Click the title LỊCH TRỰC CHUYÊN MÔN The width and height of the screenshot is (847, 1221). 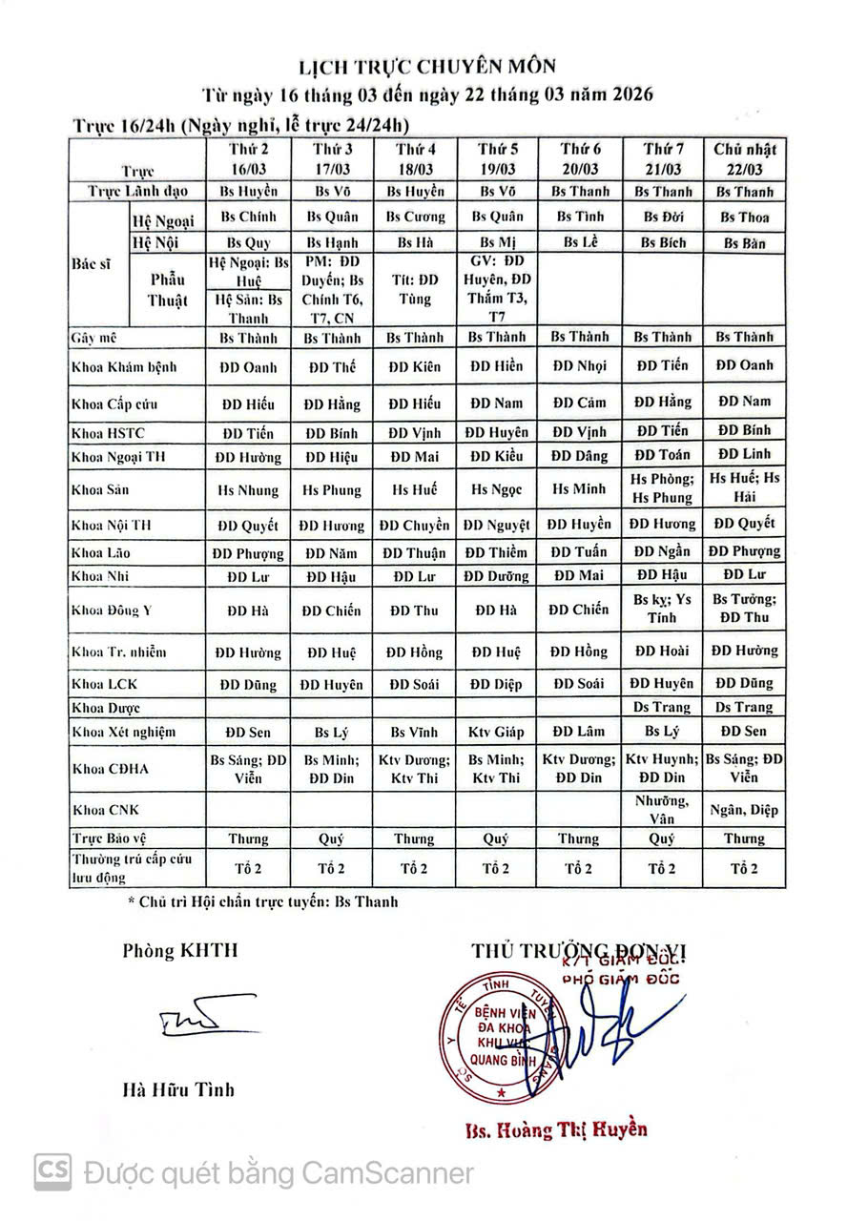425,66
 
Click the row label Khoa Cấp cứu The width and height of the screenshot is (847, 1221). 115,404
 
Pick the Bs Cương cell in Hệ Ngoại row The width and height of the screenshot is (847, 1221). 417,217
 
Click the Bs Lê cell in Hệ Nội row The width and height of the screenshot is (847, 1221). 580,242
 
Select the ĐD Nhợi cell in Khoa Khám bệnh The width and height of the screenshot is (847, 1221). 580,366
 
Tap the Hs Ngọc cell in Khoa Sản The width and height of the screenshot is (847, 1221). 497,490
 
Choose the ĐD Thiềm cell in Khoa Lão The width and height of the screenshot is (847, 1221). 496,552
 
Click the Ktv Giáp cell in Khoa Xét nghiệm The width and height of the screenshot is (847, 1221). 497,733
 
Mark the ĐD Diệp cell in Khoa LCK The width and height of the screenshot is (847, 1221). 497,684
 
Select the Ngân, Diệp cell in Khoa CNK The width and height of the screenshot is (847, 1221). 745,810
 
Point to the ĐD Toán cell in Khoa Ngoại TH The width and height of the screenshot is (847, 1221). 662,455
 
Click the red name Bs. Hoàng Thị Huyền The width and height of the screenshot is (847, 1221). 556,1130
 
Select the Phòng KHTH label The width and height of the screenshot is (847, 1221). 180,950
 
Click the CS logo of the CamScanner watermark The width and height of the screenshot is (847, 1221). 53,1171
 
